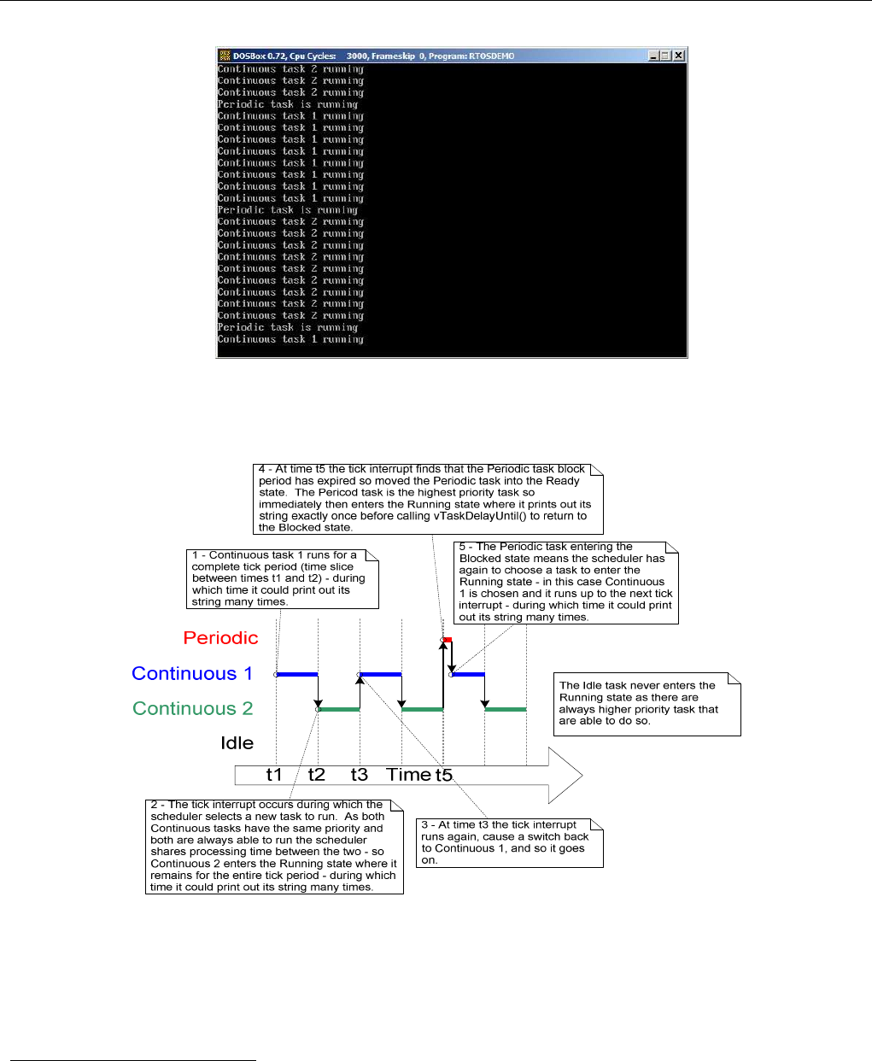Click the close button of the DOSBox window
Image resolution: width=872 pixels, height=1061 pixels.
679,56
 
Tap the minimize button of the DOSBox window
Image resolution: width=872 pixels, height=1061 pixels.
653,56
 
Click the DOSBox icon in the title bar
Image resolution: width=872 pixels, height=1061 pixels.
225,56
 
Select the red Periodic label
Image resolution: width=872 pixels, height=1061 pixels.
220,638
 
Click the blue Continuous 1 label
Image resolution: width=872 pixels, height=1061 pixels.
192,673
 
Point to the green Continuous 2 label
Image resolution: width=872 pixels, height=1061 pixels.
193,708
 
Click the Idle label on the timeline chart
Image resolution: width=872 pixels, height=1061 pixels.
237,743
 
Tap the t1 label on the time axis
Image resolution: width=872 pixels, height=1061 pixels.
274,775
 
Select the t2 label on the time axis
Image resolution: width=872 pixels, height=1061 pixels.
317,775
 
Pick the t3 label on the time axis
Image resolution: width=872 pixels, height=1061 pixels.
360,775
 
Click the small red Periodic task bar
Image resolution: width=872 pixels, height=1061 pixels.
448,639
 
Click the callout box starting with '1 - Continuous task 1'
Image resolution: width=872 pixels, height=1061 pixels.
282,578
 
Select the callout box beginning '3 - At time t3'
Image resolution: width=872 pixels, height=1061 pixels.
509,843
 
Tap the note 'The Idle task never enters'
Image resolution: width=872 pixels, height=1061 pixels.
647,703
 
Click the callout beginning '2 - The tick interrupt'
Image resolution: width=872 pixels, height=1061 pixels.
274,847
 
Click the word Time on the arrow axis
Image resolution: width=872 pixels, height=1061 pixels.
409,775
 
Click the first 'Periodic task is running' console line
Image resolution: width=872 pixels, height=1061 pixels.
288,104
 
